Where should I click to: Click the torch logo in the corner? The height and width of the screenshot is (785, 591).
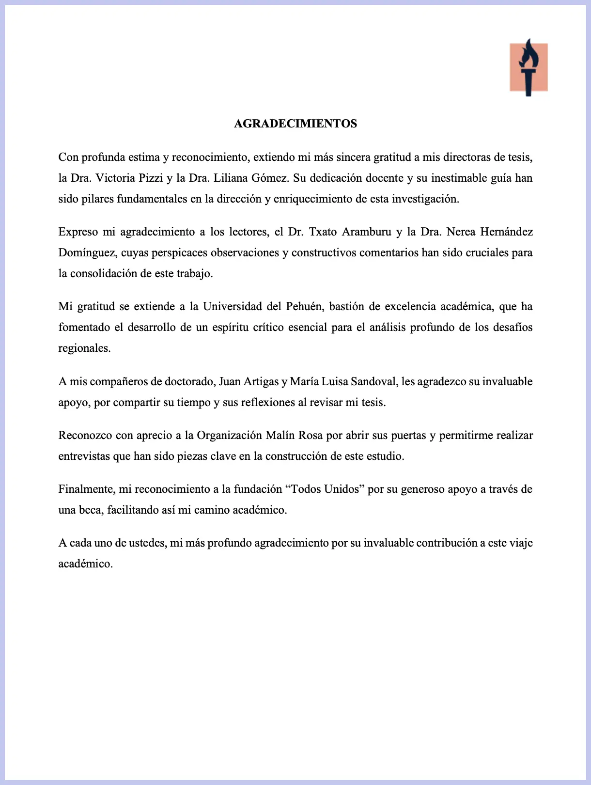tap(529, 67)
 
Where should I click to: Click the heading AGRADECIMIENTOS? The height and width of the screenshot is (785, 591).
tap(295, 124)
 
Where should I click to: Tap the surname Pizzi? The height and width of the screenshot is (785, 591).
tap(151, 178)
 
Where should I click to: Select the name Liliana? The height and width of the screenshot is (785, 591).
tap(230, 178)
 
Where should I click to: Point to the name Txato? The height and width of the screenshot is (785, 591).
tap(323, 232)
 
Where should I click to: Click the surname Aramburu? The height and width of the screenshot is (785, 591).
tap(367, 232)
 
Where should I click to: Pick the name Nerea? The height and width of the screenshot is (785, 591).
tap(461, 232)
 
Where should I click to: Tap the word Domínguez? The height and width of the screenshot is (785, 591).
tap(87, 252)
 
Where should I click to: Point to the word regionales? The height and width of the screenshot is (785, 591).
tap(84, 348)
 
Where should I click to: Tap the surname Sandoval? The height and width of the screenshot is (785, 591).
tap(373, 381)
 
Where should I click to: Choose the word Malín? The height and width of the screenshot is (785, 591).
tap(280, 435)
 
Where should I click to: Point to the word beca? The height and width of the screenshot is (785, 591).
tap(90, 510)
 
